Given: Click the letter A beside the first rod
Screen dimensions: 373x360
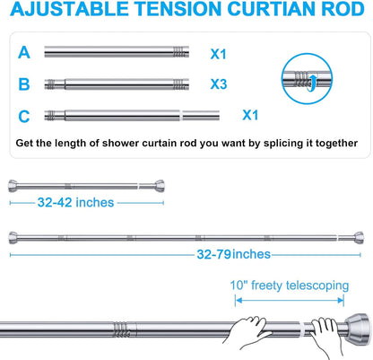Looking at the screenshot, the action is click(24, 53).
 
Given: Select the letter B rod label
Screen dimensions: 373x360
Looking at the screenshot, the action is click(24, 84).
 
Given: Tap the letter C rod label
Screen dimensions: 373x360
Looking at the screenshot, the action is click(24, 117).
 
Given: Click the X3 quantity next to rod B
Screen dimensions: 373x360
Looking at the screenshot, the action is click(219, 84).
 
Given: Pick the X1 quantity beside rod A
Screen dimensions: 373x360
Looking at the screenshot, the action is click(218, 54).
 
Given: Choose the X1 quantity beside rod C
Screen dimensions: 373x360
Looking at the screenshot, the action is click(250, 115).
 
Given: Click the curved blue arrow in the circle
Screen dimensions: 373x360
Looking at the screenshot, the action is click(313, 83).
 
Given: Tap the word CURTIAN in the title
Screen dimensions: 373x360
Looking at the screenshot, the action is click(271, 9).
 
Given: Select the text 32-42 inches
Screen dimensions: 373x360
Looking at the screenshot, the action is click(75, 203).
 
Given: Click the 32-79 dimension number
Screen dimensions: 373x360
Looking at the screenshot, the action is click(214, 254).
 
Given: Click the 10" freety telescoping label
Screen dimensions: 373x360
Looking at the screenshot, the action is click(290, 285).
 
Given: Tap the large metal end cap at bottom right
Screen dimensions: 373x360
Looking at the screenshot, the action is click(358, 328).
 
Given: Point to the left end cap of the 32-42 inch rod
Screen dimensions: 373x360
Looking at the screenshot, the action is click(13, 186).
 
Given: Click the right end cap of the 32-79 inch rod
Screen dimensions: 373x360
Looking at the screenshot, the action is click(359, 238).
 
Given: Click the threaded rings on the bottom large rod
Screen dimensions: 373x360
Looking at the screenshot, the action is click(121, 329).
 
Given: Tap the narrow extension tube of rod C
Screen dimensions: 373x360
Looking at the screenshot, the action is click(201, 116).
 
